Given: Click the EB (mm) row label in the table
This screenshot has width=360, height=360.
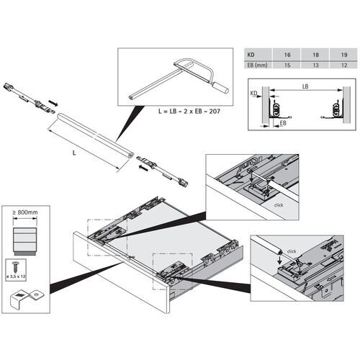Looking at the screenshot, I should pos(256,64).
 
